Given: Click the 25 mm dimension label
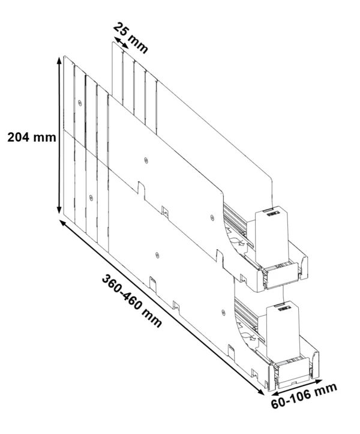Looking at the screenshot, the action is pos(131,38).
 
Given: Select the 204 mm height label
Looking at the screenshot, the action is pos(32,137).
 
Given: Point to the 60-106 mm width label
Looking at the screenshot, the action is pos(304,396).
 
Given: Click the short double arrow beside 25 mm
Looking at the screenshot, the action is pos(122,43).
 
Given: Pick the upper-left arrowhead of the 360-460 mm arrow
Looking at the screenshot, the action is pos(64,224).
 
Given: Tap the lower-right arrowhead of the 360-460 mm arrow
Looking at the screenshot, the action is pos(260,391).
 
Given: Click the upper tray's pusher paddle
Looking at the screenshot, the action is pos(272,237).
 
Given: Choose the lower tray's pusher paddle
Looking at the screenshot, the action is pos(283,330).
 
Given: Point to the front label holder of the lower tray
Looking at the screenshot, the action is pos(293,371).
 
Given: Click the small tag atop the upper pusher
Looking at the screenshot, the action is pos(274,214).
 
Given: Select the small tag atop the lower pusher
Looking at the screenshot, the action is pos(286,308).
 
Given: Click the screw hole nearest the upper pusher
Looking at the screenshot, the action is pos(212,217).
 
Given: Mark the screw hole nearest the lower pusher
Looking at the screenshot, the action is pos(224,312).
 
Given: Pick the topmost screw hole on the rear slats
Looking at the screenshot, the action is pos(80,103).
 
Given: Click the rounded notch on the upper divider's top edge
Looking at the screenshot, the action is pos(141,188).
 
